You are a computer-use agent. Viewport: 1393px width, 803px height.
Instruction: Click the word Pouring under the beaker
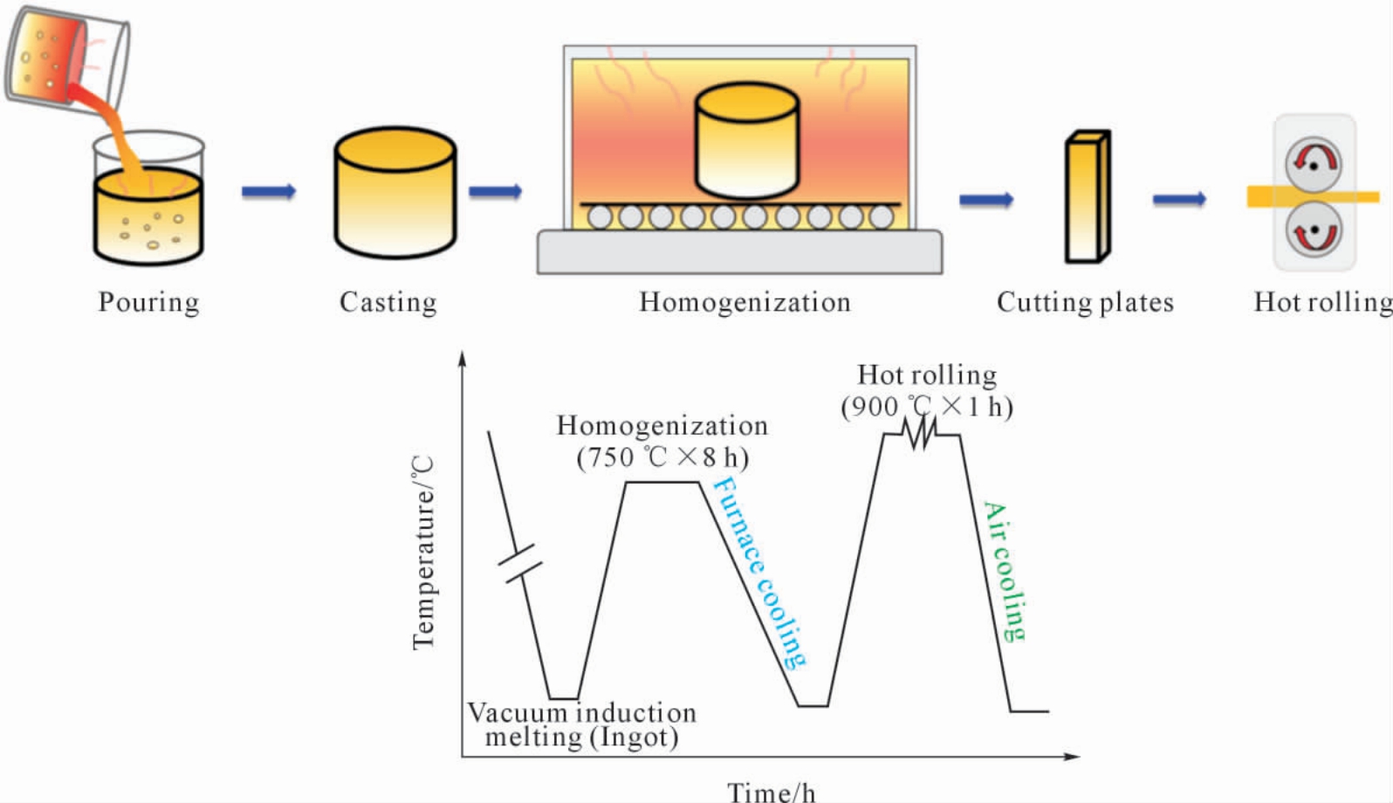tap(148, 303)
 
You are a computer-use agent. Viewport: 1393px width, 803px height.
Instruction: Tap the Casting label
tap(388, 303)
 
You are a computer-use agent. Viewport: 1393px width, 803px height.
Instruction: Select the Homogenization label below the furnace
tap(745, 302)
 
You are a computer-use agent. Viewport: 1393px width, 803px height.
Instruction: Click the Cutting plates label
tap(1085, 303)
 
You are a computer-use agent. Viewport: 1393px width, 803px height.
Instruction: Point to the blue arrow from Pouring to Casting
tap(269, 191)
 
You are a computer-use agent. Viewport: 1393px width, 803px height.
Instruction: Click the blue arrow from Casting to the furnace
tap(495, 191)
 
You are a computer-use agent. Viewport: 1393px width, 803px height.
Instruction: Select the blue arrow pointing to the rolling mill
tap(1179, 199)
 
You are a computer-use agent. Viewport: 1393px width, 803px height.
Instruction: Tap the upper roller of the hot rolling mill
tap(1314, 164)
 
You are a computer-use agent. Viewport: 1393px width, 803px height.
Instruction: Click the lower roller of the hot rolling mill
tap(1314, 231)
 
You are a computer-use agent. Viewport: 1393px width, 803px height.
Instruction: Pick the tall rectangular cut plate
tap(1088, 196)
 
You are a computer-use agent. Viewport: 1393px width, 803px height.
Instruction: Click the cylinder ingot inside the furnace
tap(747, 141)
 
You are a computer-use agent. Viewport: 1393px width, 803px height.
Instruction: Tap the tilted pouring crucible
tap(65, 59)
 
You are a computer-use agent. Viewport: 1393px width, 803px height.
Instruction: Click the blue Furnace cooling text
tap(758, 573)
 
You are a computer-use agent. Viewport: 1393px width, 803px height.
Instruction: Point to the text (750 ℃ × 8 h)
tap(663, 458)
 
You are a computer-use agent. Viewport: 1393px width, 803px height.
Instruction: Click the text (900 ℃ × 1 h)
tap(927, 408)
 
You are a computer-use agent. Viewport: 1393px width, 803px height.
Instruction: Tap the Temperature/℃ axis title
tap(423, 552)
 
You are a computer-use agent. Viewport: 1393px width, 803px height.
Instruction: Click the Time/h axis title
tap(772, 792)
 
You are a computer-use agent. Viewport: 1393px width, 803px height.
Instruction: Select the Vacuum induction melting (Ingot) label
tap(582, 725)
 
